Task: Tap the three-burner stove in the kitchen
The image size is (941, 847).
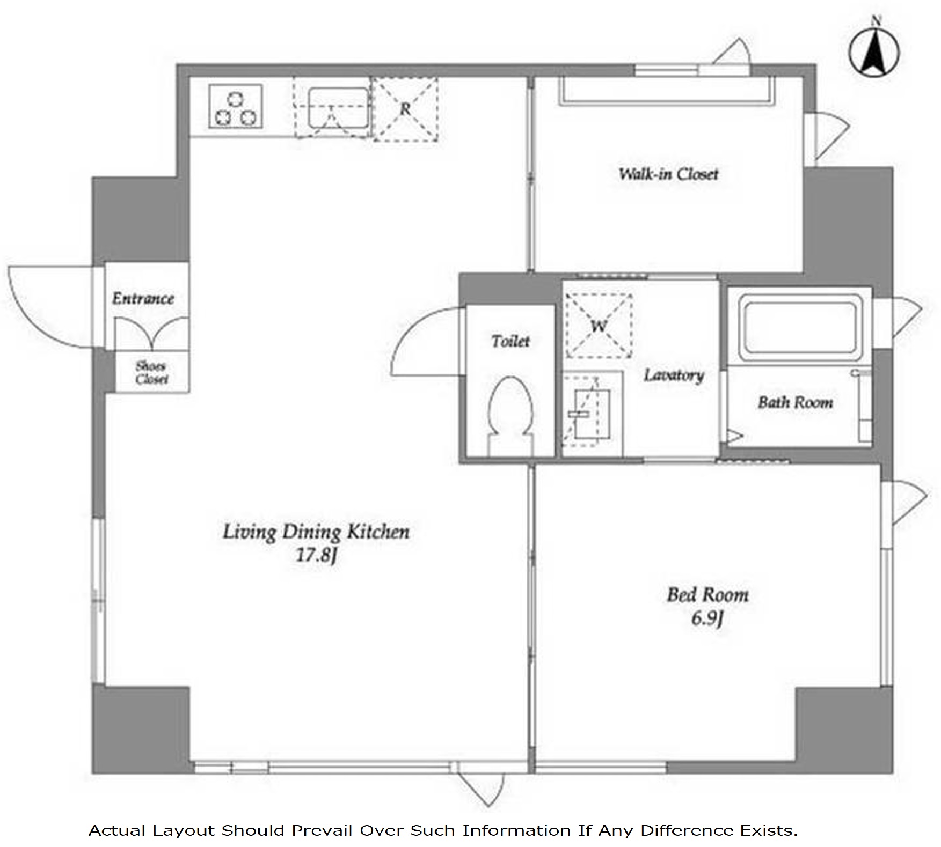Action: point(236,106)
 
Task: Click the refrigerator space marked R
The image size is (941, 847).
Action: point(405,109)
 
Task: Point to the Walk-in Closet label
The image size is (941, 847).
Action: point(668,174)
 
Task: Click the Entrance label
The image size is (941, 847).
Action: point(143,298)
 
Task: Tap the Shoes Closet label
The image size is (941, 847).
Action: point(151,372)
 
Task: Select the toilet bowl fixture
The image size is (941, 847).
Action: point(511,416)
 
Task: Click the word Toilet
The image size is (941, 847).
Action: point(510,341)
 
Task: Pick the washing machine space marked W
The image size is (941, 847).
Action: point(599,326)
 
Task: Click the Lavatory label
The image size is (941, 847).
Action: point(674,375)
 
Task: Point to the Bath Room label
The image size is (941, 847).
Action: point(796,402)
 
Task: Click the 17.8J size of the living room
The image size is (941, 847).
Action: point(317,555)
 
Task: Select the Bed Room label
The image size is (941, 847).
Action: point(707,594)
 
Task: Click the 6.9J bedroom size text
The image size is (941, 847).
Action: point(707,618)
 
